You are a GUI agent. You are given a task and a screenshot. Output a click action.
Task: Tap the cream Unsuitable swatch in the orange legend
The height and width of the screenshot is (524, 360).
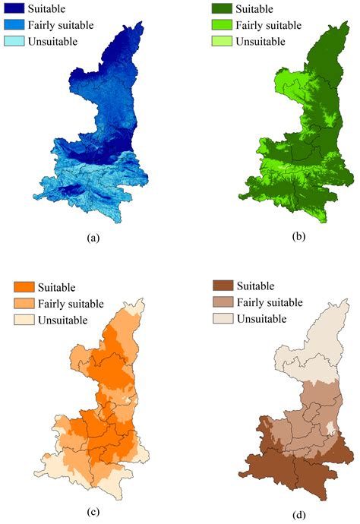tap(25, 320)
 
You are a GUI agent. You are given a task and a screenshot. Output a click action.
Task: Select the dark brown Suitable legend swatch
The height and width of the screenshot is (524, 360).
tap(224, 286)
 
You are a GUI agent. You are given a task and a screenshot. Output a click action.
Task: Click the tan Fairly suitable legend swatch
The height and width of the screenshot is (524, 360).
tap(224, 302)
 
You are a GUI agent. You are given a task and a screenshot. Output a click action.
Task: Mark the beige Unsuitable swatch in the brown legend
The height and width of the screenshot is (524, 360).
tap(224, 318)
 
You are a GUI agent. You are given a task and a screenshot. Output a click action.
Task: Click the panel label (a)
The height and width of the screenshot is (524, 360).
tap(94, 238)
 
